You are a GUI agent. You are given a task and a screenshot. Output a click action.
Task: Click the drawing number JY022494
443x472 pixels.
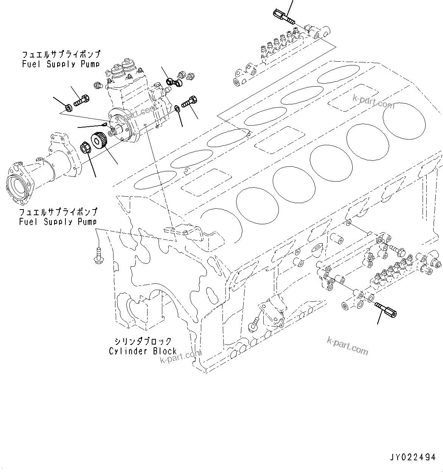(413, 458)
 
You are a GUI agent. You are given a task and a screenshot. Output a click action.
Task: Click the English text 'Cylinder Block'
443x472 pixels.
(143, 351)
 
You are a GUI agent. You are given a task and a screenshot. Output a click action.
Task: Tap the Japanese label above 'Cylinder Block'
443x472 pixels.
(143, 341)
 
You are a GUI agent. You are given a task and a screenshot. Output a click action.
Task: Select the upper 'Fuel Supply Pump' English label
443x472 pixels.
(61, 64)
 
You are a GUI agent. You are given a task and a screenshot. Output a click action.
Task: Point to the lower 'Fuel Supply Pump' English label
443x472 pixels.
(58, 222)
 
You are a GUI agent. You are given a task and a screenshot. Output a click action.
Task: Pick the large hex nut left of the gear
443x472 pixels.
(85, 147)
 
